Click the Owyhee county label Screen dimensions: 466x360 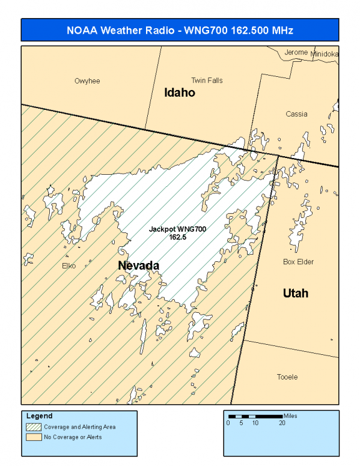[87, 81]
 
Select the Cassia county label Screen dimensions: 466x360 [296, 114]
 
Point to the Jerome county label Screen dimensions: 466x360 [296, 53]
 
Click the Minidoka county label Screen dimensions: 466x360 [325, 54]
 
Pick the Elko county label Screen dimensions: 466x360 [69, 265]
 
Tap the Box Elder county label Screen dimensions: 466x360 [298, 262]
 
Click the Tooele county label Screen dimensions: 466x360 [287, 377]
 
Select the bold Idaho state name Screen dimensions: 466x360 [180, 93]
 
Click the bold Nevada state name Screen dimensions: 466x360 [138, 265]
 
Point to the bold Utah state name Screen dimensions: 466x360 [296, 293]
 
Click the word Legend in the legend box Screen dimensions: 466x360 [40, 416]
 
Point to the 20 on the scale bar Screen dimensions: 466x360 [282, 423]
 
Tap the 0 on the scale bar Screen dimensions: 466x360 [228, 423]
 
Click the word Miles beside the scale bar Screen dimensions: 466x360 [291, 416]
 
